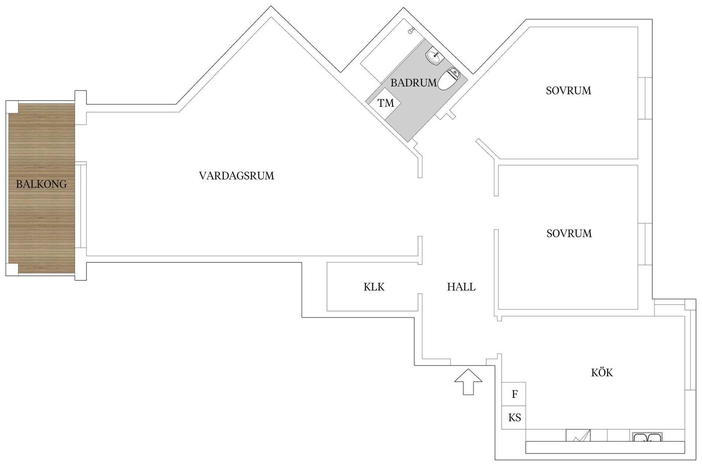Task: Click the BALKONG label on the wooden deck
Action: tap(41, 184)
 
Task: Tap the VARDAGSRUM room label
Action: tap(236, 176)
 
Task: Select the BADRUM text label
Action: tap(413, 83)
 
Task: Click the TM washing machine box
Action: tap(385, 103)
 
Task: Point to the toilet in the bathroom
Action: tap(448, 79)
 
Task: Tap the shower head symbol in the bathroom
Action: tap(412, 30)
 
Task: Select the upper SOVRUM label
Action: tap(568, 91)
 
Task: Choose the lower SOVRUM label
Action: tap(569, 234)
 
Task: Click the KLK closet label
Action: tap(374, 287)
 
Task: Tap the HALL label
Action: tap(461, 287)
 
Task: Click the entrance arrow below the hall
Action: tap(468, 382)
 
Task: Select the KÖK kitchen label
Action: tap(602, 373)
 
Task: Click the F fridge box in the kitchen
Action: tap(514, 394)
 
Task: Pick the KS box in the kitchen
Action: tap(514, 418)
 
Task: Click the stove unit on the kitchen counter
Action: tap(578, 435)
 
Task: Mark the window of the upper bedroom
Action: tap(645, 98)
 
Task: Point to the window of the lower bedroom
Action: tap(645, 244)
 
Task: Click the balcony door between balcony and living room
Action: tap(81, 205)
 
